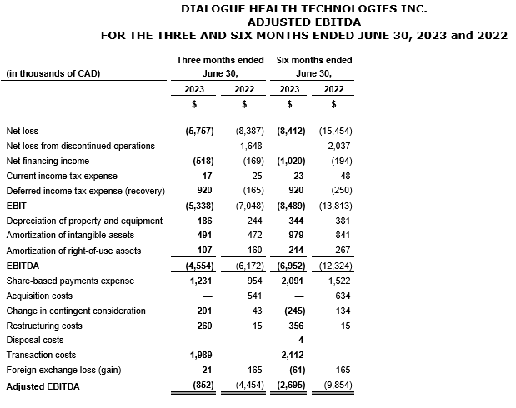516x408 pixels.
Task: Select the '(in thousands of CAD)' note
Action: point(53,73)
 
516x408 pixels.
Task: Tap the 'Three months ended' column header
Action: point(219,60)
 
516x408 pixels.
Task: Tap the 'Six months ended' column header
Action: point(313,60)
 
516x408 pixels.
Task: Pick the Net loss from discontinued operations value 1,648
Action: point(252,146)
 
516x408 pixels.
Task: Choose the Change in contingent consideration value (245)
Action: point(291,311)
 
